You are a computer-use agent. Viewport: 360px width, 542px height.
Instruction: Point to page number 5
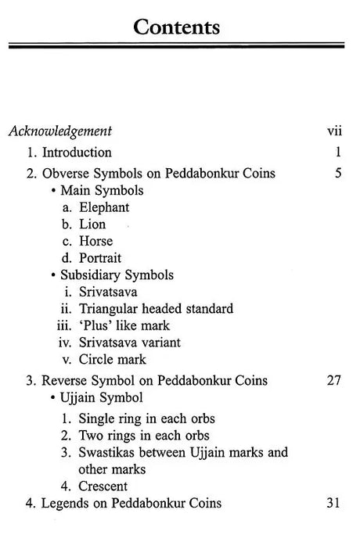(x=337, y=173)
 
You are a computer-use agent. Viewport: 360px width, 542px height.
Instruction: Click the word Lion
(x=92, y=224)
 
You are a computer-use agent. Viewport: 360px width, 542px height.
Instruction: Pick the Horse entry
(x=95, y=241)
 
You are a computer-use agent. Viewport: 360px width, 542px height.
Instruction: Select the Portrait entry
(x=99, y=257)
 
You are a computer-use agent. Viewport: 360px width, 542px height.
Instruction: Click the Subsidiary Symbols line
(x=117, y=275)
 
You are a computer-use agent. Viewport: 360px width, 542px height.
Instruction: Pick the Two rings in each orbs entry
(x=143, y=434)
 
